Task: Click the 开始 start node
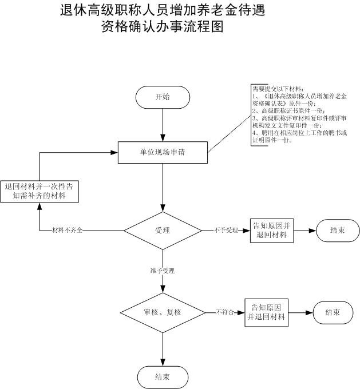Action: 163,97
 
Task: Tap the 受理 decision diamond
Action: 163,231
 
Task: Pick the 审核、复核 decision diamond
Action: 163,313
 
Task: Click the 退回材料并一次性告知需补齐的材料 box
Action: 39,191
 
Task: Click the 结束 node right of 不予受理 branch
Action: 337,231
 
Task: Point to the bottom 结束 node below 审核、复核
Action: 163,376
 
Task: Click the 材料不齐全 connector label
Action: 68,231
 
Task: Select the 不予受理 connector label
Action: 226,231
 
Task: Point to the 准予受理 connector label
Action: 163,270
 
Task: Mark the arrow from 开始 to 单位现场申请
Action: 163,124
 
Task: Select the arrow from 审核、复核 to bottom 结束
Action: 163,348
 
